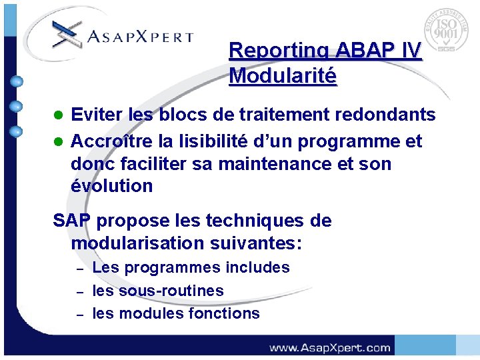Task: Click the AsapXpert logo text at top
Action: pos(141,37)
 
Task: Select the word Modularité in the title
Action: pos(283,75)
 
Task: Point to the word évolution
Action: pos(111,186)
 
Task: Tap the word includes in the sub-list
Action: pos(257,268)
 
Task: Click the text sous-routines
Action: pos(171,291)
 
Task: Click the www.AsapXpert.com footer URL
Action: pos(330,347)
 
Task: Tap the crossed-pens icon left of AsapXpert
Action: pos(66,33)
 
